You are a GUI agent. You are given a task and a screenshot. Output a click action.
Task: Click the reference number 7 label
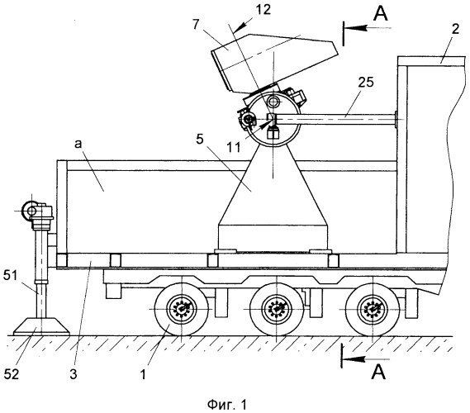point(196,25)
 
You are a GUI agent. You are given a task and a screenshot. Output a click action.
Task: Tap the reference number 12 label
point(263,9)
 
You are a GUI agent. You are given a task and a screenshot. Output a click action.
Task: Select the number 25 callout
point(366,82)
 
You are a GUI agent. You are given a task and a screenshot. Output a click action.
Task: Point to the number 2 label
point(455,30)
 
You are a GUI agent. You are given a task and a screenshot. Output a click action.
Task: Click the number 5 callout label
point(200,140)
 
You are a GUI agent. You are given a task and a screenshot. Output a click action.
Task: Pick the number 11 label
point(234,148)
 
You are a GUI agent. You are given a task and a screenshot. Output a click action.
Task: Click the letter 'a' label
point(78,145)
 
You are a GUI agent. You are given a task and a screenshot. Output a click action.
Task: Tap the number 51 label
point(11,276)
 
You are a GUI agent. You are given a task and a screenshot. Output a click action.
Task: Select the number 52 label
point(12,374)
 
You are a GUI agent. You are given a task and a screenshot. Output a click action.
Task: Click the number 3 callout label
point(74,374)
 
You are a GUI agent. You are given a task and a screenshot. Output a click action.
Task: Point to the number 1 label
point(143,374)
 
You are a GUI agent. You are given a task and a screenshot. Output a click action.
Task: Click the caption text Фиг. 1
point(227,405)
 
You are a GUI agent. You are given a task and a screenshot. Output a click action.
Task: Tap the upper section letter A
point(381,13)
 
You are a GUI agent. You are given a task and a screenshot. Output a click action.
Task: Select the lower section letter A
point(378,372)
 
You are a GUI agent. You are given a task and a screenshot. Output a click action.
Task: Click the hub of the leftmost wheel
point(182,309)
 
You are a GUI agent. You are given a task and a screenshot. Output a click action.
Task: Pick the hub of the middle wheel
point(277,309)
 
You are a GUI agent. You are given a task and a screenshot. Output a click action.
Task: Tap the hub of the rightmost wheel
point(373,309)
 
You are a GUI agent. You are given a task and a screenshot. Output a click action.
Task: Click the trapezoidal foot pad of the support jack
point(41,327)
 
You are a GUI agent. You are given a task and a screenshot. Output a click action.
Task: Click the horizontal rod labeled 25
point(335,120)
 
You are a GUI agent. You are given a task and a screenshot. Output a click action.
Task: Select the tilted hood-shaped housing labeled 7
point(274,62)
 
